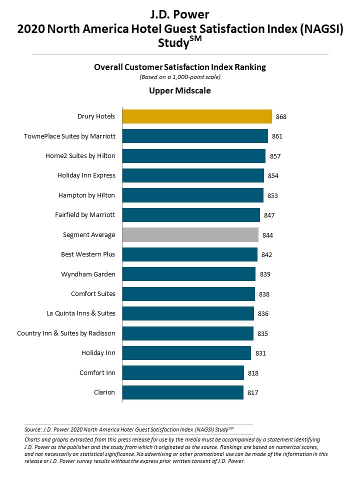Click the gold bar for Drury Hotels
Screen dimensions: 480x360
197,116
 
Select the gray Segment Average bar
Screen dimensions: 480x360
190,234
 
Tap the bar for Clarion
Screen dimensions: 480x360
183,392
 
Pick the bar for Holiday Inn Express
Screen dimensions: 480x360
193,175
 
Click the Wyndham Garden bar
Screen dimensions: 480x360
189,274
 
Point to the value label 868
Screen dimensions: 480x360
280,116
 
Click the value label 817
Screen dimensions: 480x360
253,392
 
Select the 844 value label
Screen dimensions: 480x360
267,235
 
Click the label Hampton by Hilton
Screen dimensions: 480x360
86,195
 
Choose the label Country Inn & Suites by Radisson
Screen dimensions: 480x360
66,333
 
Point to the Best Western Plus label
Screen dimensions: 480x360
88,254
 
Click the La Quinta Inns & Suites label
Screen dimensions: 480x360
81,313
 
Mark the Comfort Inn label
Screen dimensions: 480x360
97,372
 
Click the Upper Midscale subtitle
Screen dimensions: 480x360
179,90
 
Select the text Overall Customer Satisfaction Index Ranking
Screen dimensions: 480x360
179,67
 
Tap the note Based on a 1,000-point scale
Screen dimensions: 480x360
179,77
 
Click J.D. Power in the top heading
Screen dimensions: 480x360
179,15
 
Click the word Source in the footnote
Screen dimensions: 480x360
32,429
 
